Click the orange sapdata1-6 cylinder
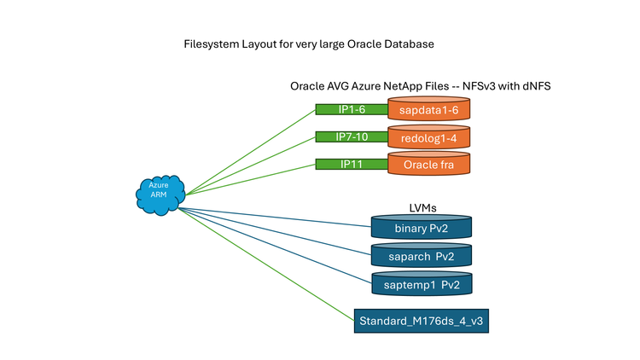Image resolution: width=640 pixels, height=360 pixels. [x=429, y=110]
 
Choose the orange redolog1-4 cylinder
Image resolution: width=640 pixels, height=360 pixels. [x=429, y=137]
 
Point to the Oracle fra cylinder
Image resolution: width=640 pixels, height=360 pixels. [x=429, y=165]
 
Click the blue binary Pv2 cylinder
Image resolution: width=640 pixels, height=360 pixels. [x=422, y=228]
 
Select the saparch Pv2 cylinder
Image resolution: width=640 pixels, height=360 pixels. [x=422, y=255]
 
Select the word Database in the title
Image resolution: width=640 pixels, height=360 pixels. [x=410, y=43]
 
